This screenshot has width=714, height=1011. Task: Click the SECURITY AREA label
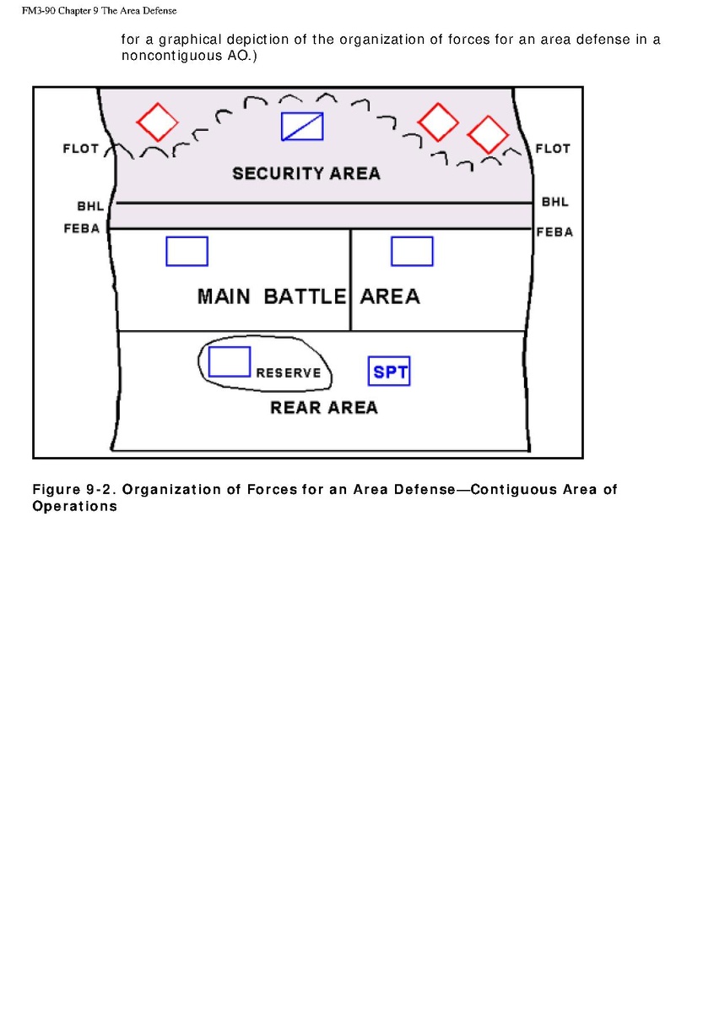[x=306, y=173]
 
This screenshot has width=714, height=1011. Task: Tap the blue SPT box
[x=390, y=372]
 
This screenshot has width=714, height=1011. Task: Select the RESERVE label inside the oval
[x=289, y=372]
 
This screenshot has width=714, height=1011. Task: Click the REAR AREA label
[x=324, y=408]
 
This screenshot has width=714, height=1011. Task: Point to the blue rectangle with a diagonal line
[x=302, y=127]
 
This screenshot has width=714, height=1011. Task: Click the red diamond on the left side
[x=157, y=122]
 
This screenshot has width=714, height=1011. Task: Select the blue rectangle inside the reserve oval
[x=230, y=361]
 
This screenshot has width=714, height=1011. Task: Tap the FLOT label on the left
[x=81, y=149]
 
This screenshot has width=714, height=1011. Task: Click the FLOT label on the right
[x=553, y=149]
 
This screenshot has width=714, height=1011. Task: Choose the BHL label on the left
[x=90, y=206]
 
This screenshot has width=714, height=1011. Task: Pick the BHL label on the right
[x=554, y=203]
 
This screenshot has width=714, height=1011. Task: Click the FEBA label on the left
[x=82, y=228]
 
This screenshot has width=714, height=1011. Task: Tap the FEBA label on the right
[x=554, y=231]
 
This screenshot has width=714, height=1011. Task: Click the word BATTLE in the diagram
[x=305, y=296]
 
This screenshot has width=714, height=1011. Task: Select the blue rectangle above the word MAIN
[x=187, y=252]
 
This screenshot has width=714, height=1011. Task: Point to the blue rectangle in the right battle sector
[x=412, y=252]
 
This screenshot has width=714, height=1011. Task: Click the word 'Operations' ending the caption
[x=74, y=507]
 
